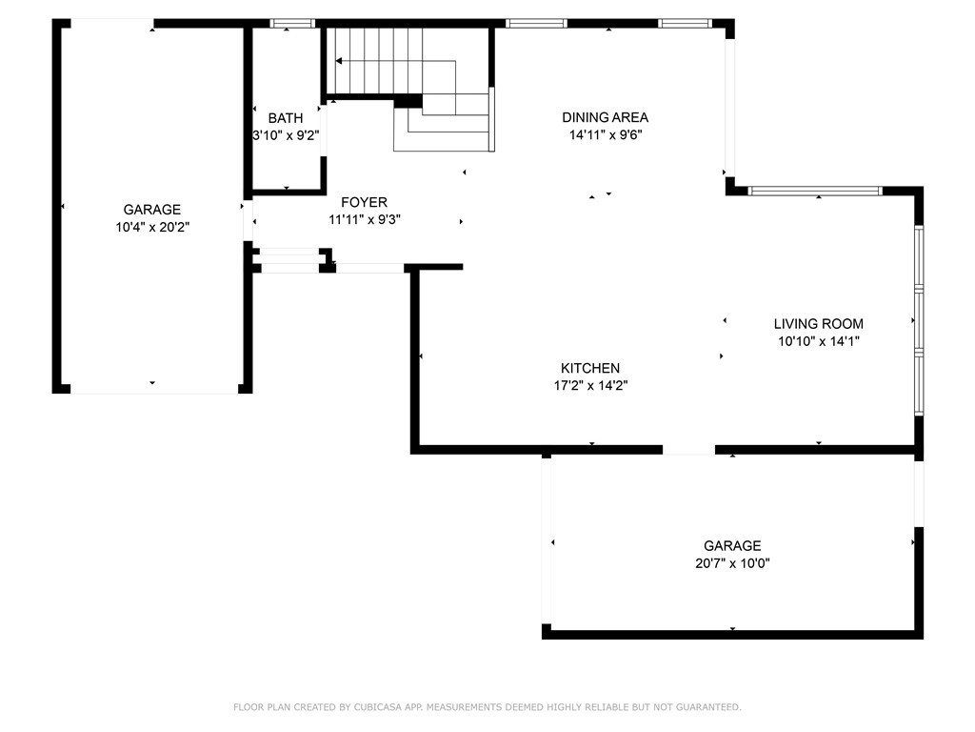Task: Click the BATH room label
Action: pos(286,117)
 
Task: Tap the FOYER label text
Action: pos(365,202)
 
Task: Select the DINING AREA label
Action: pos(605,117)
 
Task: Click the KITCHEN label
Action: pos(590,368)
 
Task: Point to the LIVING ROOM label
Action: pos(818,324)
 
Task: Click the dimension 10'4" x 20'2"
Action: pos(152,227)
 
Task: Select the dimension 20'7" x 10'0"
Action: pos(732,563)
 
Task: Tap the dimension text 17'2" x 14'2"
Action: pos(590,385)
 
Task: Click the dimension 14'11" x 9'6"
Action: pos(606,134)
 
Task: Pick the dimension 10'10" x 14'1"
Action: pos(818,341)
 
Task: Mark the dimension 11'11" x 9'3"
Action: pos(365,220)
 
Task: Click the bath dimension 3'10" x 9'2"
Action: pos(286,135)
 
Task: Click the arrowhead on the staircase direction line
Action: pos(339,61)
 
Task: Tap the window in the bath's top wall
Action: pos(292,24)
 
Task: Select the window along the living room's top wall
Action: pos(815,191)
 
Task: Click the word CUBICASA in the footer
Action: pos(378,707)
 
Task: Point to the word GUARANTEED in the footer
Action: pos(708,707)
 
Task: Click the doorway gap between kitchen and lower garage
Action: pos(688,450)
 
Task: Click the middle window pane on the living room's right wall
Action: pos(919,319)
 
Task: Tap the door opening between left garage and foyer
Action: pos(249,220)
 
